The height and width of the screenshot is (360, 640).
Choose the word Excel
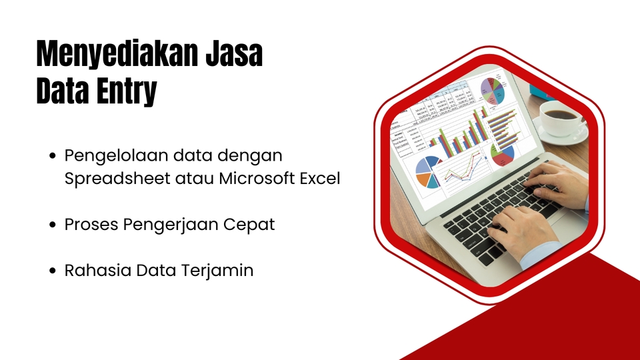coord(321,179)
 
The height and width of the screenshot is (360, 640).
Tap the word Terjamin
coord(221,271)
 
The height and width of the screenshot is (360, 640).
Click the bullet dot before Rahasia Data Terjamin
coord(54,271)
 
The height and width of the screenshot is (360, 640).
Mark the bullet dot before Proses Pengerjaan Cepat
coord(54,225)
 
